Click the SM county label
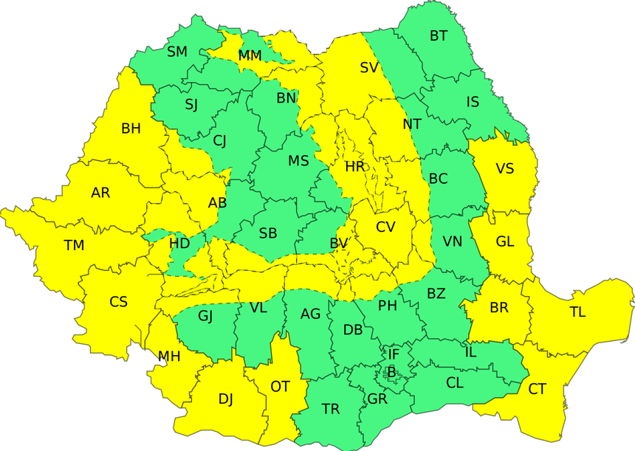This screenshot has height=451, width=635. [177, 52]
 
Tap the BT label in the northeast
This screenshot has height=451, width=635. [439, 35]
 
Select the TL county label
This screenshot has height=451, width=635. [577, 312]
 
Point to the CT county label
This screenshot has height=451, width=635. [538, 389]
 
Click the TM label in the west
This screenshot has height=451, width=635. [74, 246]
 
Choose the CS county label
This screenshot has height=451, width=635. [118, 302]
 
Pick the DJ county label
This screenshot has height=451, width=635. [225, 399]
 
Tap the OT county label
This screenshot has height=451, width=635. [280, 386]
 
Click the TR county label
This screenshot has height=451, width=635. [331, 408]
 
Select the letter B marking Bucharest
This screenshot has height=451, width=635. [391, 371]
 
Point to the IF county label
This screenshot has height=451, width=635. [394, 355]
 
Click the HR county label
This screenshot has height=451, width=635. [355, 167]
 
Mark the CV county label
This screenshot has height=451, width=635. [385, 227]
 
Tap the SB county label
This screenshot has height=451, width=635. [268, 233]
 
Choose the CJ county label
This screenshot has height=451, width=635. [219, 141]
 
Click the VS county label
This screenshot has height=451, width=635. [504, 169]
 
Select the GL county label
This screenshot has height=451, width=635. [505, 241]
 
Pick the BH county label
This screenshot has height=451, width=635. [131, 129]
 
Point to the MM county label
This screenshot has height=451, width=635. [250, 56]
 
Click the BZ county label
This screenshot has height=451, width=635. [436, 294]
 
